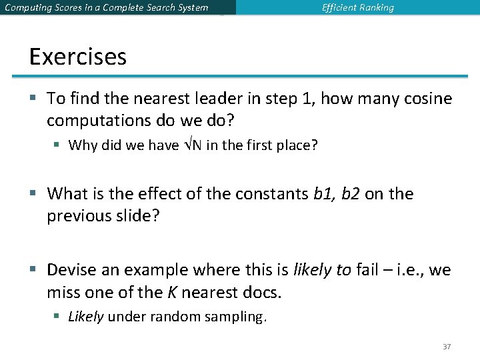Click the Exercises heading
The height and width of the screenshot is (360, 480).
(x=77, y=57)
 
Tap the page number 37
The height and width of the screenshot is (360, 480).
(x=447, y=347)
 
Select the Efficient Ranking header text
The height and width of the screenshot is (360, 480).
(x=358, y=8)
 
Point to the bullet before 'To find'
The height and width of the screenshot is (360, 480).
(x=34, y=99)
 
